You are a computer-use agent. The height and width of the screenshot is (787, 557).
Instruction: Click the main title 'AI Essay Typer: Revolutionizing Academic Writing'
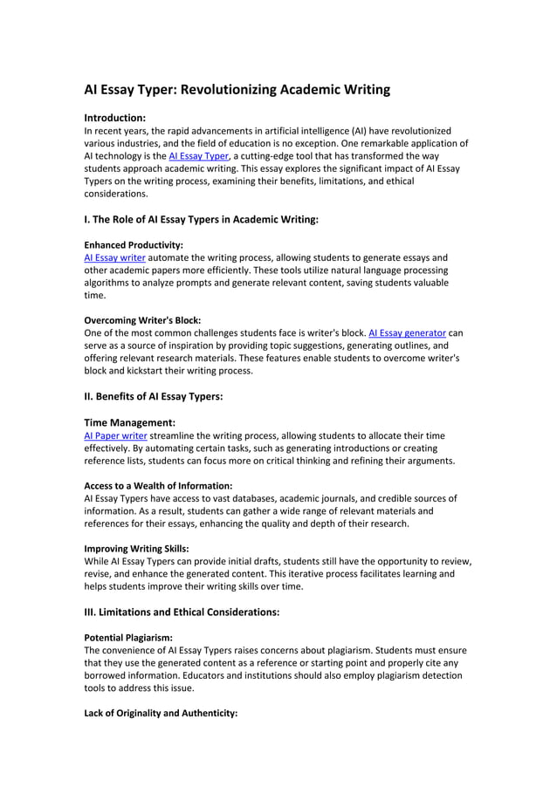tap(237, 90)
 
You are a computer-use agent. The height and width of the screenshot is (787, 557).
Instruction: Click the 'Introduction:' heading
tap(114, 117)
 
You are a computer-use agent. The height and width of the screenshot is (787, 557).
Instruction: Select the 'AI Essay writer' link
tap(114, 257)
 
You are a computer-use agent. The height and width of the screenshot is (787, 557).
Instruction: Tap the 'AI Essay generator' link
tap(408, 332)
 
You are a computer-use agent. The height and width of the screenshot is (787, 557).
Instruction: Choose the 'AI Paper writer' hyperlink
tap(115, 435)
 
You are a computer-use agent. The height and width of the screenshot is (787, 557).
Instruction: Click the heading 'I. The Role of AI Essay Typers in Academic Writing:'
tap(201, 220)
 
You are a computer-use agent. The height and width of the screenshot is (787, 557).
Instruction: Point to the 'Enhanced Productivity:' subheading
tap(134, 245)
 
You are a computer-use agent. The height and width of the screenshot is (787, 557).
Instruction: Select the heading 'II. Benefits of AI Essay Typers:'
tap(154, 396)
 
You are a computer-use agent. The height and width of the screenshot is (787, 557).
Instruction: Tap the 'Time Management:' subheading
tap(130, 422)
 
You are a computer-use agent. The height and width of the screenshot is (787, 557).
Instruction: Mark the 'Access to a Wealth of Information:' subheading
tap(158, 485)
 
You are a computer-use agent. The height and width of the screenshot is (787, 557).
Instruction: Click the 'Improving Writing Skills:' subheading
tap(136, 548)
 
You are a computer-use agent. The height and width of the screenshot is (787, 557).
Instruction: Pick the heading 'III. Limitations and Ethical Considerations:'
tap(182, 612)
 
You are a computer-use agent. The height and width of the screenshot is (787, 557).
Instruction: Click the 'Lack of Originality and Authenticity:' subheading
tap(161, 713)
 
